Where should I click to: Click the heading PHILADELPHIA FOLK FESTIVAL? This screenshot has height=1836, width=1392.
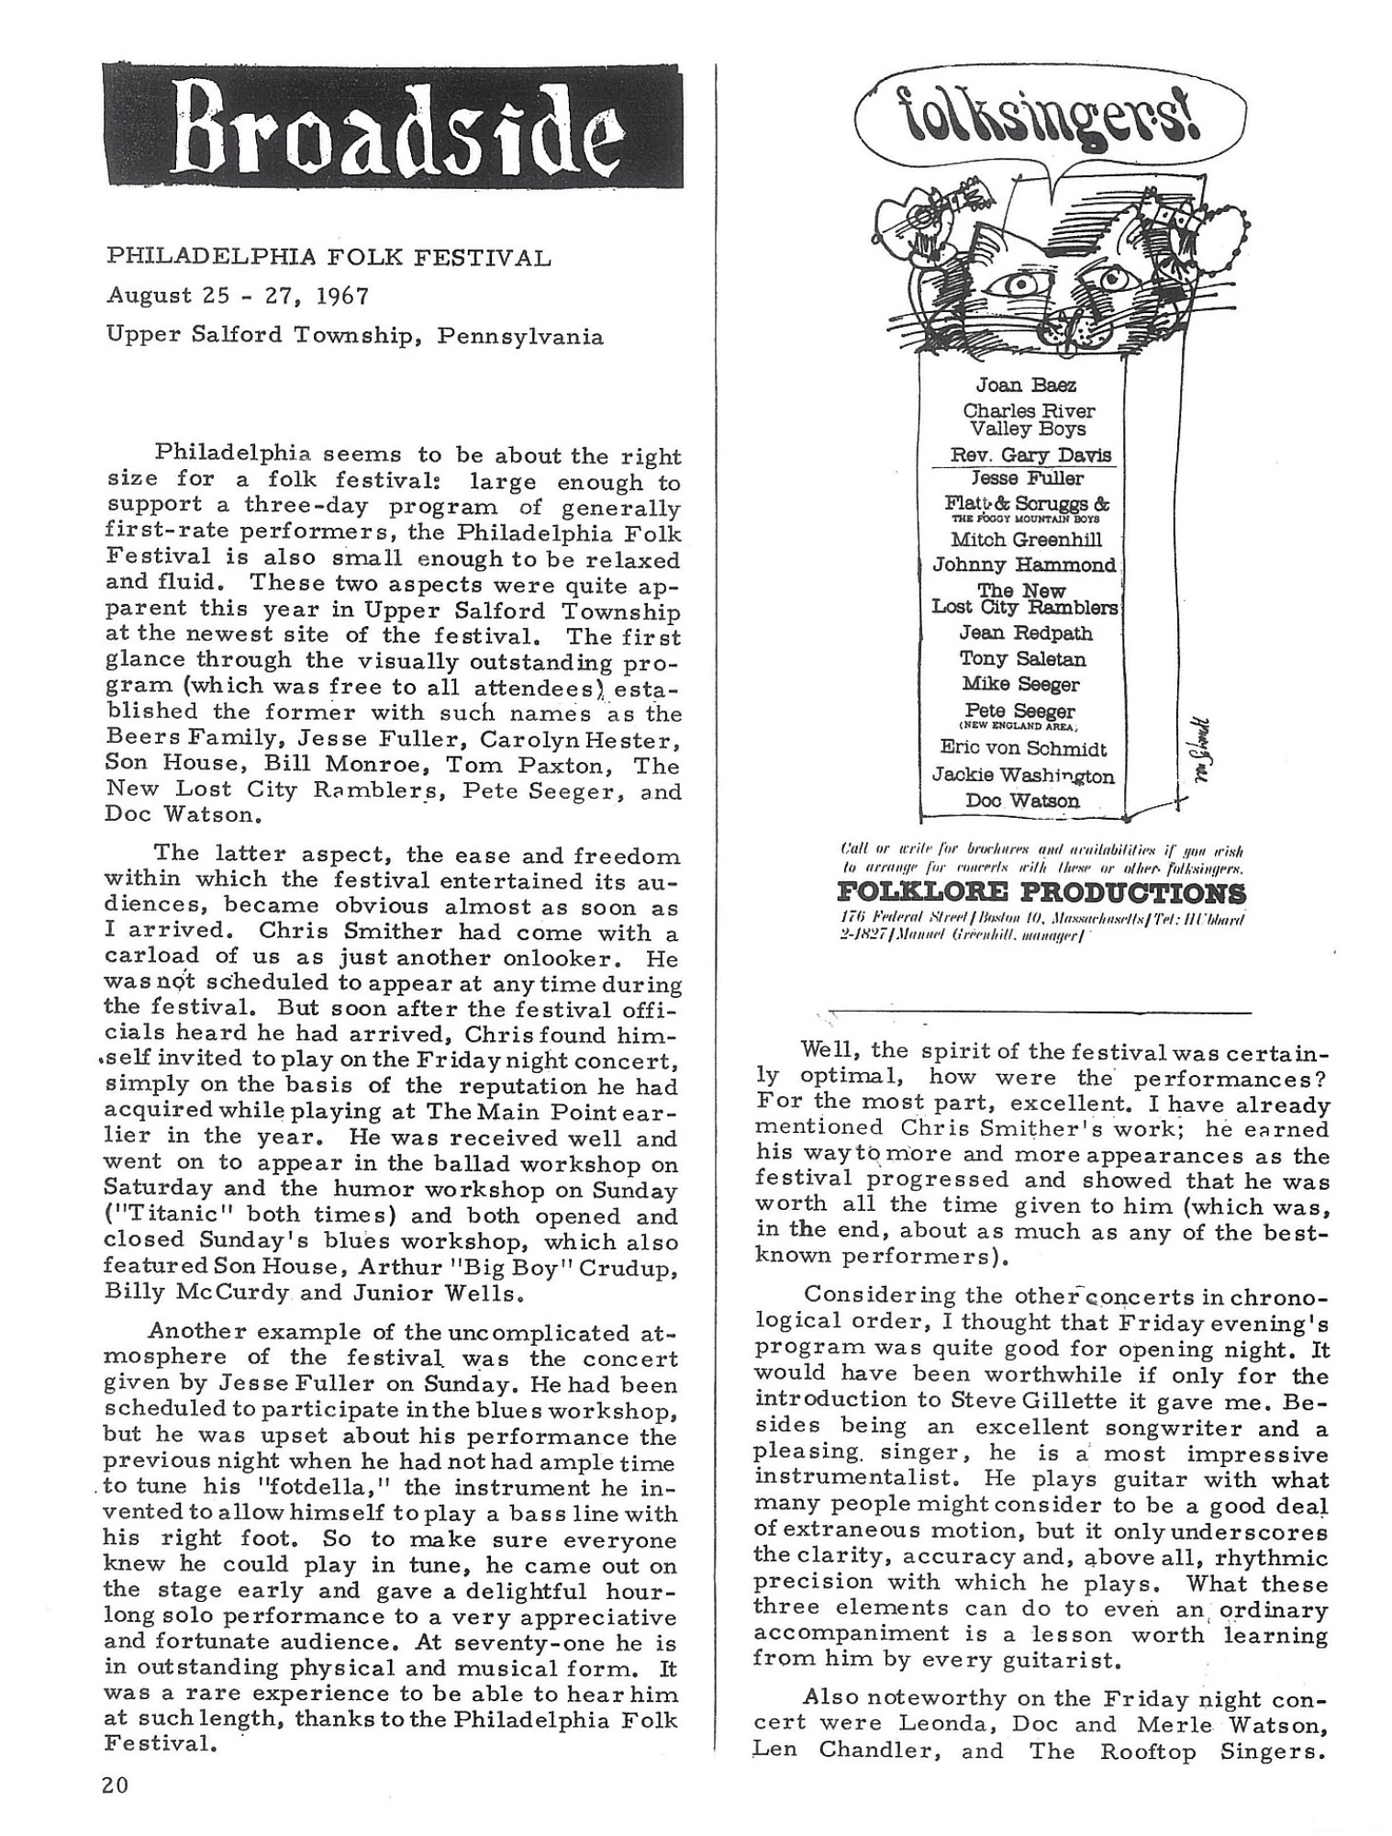[329, 257]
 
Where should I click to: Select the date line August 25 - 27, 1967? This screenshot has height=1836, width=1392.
[238, 296]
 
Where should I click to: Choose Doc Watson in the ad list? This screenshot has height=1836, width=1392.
[1022, 800]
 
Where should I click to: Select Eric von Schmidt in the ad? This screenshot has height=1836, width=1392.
[1023, 749]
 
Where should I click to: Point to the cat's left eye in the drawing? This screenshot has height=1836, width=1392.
[1018, 287]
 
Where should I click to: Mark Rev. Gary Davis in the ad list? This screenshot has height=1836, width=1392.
[1030, 455]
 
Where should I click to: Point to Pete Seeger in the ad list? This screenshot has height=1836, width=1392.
[1019, 711]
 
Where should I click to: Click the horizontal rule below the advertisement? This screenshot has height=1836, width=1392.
[1041, 1013]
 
